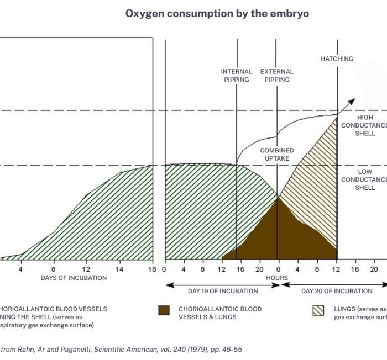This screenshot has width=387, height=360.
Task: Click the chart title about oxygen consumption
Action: pyautogui.click(x=217, y=14)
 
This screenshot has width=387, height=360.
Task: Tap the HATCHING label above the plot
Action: pyautogui.click(x=337, y=59)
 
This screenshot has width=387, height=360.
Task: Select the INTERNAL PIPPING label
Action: pyautogui.click(x=237, y=76)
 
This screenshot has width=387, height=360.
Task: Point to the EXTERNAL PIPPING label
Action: pyautogui.click(x=277, y=76)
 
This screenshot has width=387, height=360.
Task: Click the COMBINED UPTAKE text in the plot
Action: pyautogui.click(x=277, y=155)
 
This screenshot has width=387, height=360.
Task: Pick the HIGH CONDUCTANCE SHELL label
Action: pyautogui.click(x=364, y=125)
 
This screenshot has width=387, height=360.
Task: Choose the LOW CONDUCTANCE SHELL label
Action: pyautogui.click(x=364, y=179)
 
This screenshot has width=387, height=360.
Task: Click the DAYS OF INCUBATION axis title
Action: pyautogui.click(x=74, y=278)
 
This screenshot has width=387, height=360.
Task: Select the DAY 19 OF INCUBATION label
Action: pyautogui.click(x=223, y=291)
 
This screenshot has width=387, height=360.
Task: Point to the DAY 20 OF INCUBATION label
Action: pyautogui.click(x=337, y=291)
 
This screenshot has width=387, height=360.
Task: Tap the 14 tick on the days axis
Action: pyautogui.click(x=119, y=269)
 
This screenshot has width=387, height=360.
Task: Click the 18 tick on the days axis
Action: pyautogui.click(x=153, y=269)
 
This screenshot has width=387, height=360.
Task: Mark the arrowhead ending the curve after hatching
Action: pyautogui.click(x=354, y=99)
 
